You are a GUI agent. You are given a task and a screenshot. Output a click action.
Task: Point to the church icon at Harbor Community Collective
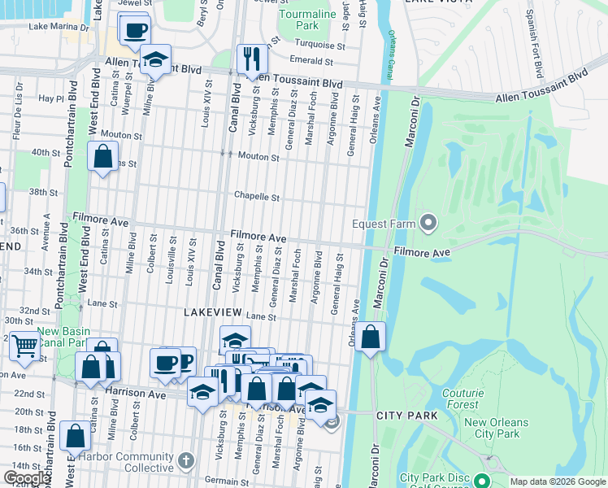(186, 461)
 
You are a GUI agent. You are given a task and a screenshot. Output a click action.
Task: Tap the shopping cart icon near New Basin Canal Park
(24, 346)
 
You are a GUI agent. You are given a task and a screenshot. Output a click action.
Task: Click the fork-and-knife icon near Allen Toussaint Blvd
(250, 58)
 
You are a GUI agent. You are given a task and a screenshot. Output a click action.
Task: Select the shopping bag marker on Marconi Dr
(370, 336)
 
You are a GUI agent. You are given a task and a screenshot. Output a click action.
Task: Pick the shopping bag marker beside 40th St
(102, 156)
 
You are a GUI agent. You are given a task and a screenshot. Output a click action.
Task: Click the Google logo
(26, 478)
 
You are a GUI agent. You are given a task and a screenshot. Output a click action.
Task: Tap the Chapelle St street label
(257, 196)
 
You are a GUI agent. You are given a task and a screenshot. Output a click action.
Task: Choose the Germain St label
(228, 481)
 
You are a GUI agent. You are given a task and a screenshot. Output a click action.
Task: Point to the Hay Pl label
(50, 98)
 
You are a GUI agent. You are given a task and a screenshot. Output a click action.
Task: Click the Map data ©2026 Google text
(558, 481)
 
